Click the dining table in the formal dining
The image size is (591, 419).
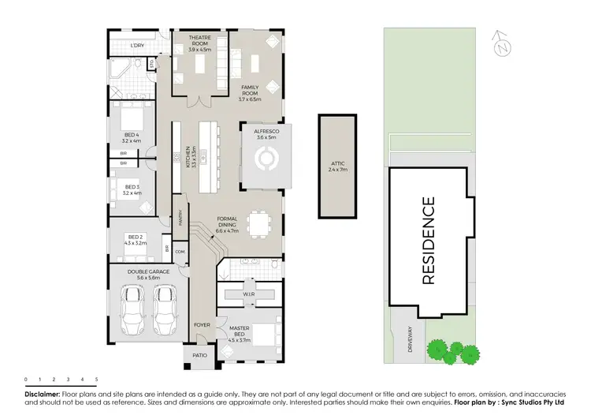coord(258,223)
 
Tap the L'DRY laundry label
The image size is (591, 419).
coord(137,46)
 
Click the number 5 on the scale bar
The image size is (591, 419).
coord(96,380)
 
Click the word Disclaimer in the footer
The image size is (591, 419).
coord(43,393)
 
